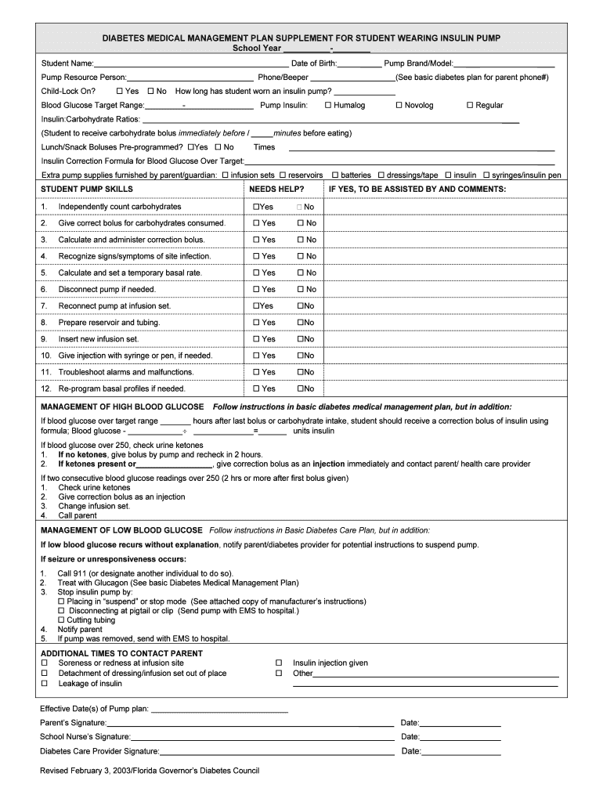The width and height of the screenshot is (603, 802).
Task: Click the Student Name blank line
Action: pyautogui.click(x=191, y=63)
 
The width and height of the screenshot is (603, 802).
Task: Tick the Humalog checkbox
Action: pyautogui.click(x=328, y=105)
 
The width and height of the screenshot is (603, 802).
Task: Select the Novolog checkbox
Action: pyautogui.click(x=399, y=105)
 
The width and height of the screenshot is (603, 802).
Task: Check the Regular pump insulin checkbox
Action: pyautogui.click(x=470, y=105)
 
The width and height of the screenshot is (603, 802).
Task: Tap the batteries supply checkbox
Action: pyautogui.click(x=335, y=175)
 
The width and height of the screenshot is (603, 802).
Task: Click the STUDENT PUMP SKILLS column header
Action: pyautogui.click(x=87, y=190)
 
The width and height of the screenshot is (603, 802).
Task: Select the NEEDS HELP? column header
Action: pyautogui.click(x=276, y=190)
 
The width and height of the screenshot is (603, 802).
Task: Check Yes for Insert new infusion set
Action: pyautogui.click(x=256, y=339)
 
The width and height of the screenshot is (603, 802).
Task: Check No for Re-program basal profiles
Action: pyautogui.click(x=300, y=388)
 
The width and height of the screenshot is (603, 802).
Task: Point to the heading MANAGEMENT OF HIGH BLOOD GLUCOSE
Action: pyautogui.click(x=122, y=407)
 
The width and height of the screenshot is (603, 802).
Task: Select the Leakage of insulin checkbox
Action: pyautogui.click(x=45, y=684)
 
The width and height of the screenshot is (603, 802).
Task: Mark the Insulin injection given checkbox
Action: pyautogui.click(x=278, y=663)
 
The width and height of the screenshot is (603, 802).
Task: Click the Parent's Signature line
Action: pyautogui.click(x=250, y=723)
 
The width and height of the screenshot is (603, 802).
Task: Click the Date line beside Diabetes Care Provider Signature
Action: pyautogui.click(x=461, y=752)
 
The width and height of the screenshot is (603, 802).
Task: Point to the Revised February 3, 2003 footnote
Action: pyautogui.click(x=150, y=771)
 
